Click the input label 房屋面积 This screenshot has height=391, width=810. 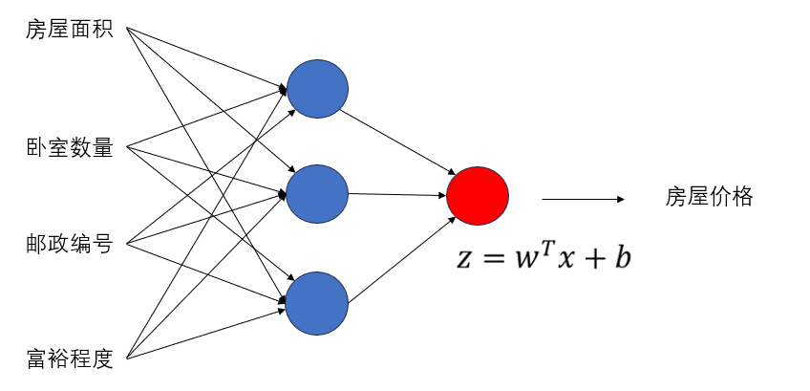pyautogui.click(x=70, y=30)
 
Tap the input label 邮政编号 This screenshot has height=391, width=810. pyautogui.click(x=70, y=244)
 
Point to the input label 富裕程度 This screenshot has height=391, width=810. pyautogui.click(x=70, y=359)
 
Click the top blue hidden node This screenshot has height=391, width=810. pyautogui.click(x=318, y=89)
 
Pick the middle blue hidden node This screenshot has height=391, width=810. pyautogui.click(x=318, y=194)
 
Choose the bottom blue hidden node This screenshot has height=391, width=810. pyautogui.click(x=318, y=303)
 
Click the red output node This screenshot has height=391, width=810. pyautogui.click(x=478, y=196)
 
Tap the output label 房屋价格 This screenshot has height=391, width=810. pyautogui.click(x=710, y=197)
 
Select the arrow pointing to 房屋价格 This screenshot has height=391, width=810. pyautogui.click(x=583, y=199)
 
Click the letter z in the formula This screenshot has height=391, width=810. pyautogui.click(x=465, y=259)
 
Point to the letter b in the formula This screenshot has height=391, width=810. pyautogui.click(x=623, y=255)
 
